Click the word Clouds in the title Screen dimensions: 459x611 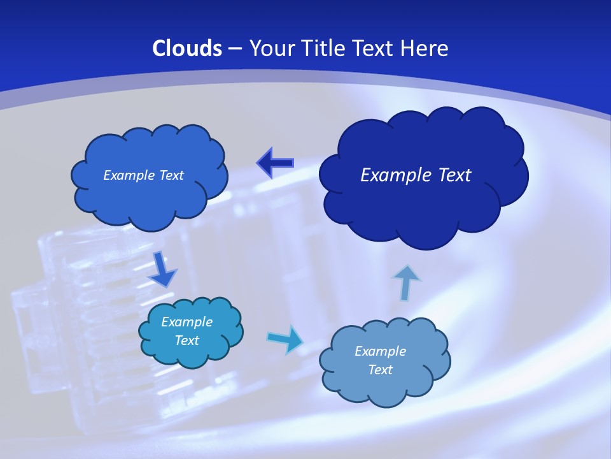tap(187, 48)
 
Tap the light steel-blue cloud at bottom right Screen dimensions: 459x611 tap(384, 382)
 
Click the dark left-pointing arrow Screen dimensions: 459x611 tap(275, 163)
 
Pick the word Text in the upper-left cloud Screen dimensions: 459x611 tap(171, 175)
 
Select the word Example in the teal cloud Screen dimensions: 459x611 tap(187, 322)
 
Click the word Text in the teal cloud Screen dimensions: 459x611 tap(187, 340)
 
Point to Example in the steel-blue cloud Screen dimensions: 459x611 tap(380, 351)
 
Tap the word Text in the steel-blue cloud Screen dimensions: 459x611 tap(380, 370)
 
